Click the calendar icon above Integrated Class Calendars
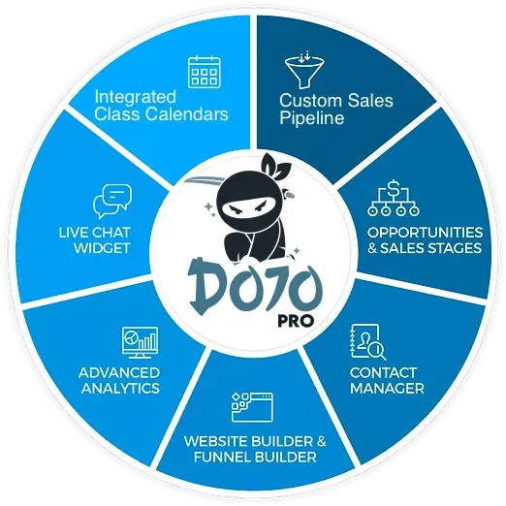point(205,72)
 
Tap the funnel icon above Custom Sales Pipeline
point(304,70)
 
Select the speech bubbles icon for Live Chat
point(112,202)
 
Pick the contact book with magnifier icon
point(368,342)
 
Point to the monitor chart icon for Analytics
point(141,342)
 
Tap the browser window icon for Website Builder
point(252,407)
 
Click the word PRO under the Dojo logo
point(296,321)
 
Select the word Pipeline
point(312,117)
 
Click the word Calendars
point(186,114)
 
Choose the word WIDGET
point(102,248)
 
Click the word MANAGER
point(387,388)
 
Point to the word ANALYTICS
point(120,388)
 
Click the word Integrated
point(136,98)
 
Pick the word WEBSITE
point(216,441)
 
